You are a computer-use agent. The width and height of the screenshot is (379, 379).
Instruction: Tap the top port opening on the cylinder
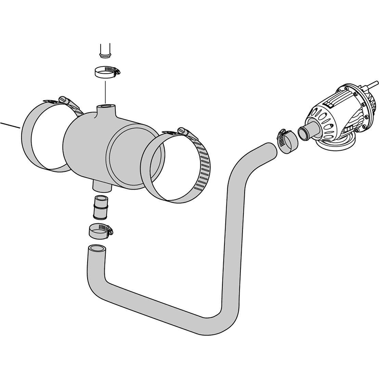pos(105,107)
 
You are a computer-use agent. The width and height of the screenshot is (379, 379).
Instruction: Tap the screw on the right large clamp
pos(181,131)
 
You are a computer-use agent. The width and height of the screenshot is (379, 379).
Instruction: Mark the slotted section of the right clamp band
pos(204,168)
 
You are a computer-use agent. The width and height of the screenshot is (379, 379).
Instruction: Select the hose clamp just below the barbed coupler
pos(100,230)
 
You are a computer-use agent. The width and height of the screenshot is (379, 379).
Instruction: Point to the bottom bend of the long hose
pos(211,320)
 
